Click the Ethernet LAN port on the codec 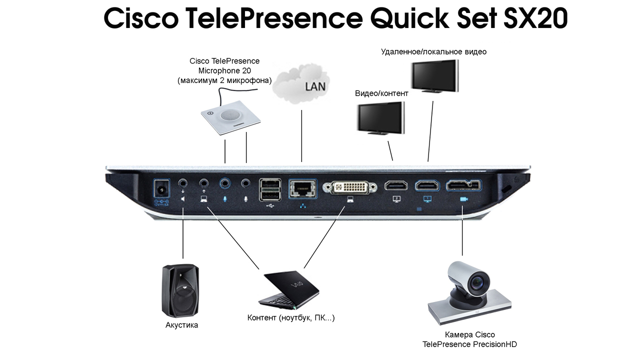click(302, 188)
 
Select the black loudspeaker click(180, 290)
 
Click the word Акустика click(181, 325)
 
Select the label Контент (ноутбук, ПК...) click(291, 318)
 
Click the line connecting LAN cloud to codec click(301, 135)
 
